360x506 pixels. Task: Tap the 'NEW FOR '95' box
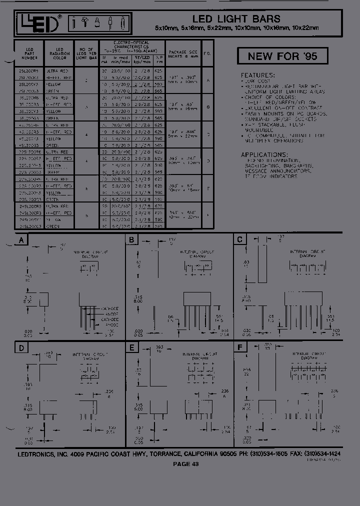[282, 56]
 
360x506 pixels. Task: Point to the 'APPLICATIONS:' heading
[264, 154]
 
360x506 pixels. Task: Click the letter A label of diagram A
[21, 240]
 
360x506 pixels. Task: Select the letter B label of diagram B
[131, 240]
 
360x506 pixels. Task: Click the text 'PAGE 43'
[186, 464]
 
